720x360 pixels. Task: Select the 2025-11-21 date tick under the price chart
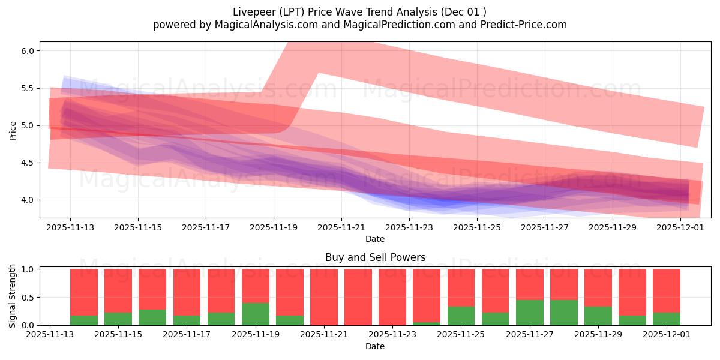click(341, 227)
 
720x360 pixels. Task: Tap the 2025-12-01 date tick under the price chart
click(680, 227)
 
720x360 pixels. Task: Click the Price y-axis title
click(13, 130)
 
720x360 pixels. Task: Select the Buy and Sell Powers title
click(375, 257)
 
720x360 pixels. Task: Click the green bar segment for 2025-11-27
click(530, 313)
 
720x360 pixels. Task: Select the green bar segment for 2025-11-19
click(256, 314)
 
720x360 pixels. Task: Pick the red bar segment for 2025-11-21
click(324, 297)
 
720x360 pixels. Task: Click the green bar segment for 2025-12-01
click(667, 319)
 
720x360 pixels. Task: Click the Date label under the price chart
click(375, 239)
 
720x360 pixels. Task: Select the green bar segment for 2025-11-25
click(461, 316)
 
